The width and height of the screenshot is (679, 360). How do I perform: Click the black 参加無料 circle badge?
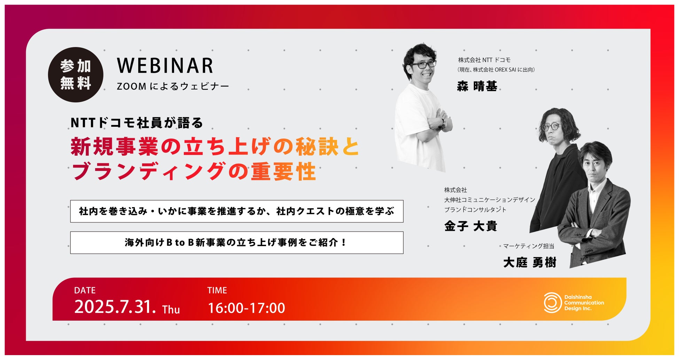tap(76, 75)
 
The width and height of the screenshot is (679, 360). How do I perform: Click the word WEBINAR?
tap(165, 65)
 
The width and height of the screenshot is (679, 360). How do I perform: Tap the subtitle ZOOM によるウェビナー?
tap(173, 86)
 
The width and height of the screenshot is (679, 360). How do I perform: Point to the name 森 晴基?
tap(477, 86)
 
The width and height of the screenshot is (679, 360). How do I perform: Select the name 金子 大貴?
tap(471, 226)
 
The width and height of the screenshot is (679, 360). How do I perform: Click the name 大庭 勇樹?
tap(530, 262)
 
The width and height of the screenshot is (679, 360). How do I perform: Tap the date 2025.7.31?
tap(115, 307)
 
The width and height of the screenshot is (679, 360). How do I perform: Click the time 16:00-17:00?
tap(247, 308)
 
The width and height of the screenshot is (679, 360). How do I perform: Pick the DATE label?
tap(85, 290)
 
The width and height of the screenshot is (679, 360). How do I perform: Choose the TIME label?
tap(217, 290)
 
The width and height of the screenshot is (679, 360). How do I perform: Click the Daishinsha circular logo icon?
tap(552, 303)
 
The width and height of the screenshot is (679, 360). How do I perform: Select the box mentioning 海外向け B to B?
tap(237, 243)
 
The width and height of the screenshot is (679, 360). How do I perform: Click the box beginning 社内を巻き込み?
tap(237, 211)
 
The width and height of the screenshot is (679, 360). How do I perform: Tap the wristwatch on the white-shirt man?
tap(443, 123)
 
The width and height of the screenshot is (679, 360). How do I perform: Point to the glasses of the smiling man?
tap(423, 65)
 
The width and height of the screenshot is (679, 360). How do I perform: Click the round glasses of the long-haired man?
tap(552, 126)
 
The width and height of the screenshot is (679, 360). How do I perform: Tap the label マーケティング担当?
tap(529, 246)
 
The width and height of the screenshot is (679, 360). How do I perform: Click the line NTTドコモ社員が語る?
tap(137, 123)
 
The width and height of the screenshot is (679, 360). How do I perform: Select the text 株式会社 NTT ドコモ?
tap(484, 60)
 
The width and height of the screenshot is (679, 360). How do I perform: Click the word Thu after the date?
tap(171, 310)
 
